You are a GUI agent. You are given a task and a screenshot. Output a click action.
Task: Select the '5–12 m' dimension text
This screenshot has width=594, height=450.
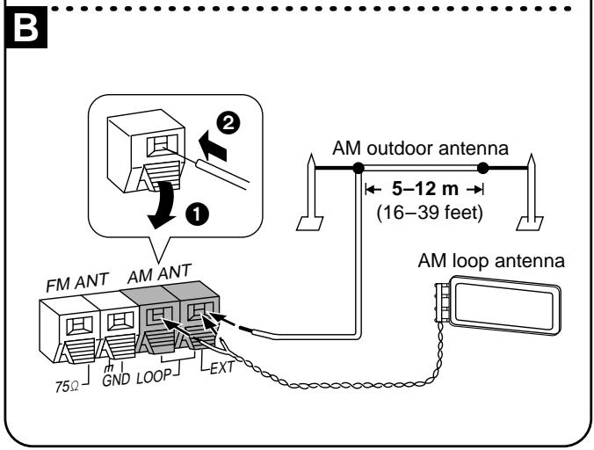[x=424, y=187]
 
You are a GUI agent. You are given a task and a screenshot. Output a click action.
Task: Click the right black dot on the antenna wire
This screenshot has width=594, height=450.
[x=482, y=166]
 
